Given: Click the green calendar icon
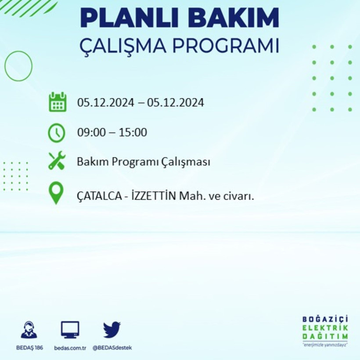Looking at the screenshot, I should [x=58, y=102].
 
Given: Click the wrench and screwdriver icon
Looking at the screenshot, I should [x=57, y=161].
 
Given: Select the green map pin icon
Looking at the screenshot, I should [x=56, y=193].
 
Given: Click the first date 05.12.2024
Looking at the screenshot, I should [x=105, y=103].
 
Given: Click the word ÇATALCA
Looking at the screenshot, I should [x=99, y=197].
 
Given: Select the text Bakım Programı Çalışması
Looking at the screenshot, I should [x=144, y=162].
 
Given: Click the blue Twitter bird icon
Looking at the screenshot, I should [x=112, y=329].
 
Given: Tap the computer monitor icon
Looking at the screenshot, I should [x=70, y=329].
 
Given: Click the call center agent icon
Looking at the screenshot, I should [x=29, y=330].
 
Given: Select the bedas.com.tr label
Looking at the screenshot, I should [x=70, y=348].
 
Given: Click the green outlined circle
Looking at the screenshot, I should [x=18, y=66].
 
